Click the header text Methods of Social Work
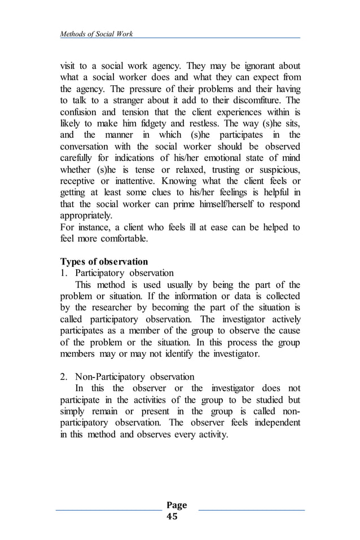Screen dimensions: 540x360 pyautogui.click(x=96, y=34)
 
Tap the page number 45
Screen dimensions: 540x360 pyautogui.click(x=172, y=516)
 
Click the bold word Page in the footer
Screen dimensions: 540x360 pyautogui.click(x=177, y=505)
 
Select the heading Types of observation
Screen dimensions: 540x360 pyautogui.click(x=104, y=262)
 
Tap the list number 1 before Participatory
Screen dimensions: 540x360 pyautogui.click(x=63, y=273)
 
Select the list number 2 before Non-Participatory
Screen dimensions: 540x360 pyautogui.click(x=63, y=376)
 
